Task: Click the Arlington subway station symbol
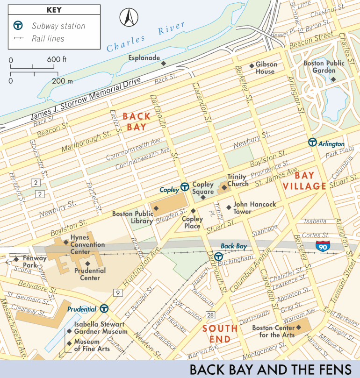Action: tap(312, 143)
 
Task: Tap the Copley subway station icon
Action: tap(185, 187)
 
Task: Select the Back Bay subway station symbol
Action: tap(218, 256)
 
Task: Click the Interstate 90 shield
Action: tap(322, 246)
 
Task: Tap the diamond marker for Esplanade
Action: tap(163, 63)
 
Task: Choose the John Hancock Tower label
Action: tap(254, 208)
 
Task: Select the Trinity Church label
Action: tap(238, 180)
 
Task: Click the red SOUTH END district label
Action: tap(220, 334)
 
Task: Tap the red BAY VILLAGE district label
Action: tap(304, 181)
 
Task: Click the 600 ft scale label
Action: tap(57, 60)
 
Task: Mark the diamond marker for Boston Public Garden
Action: tap(333, 79)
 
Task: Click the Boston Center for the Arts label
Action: tap(274, 331)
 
